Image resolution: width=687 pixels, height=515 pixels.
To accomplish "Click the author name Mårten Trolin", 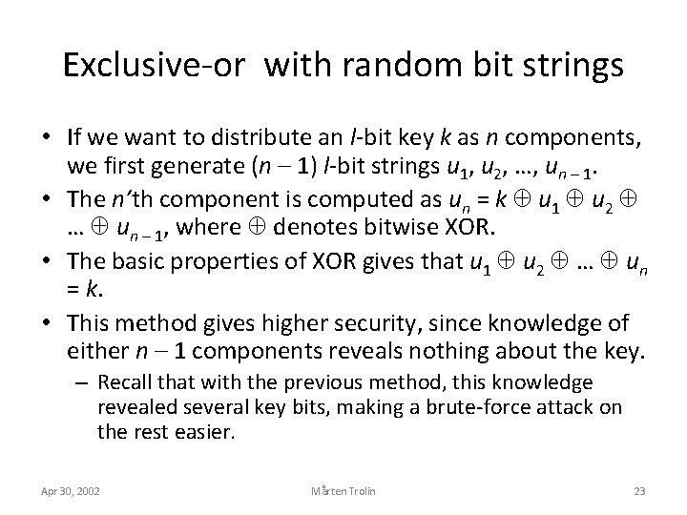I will tap(343, 491).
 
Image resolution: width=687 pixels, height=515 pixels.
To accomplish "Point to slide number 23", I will tap(639, 491).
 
